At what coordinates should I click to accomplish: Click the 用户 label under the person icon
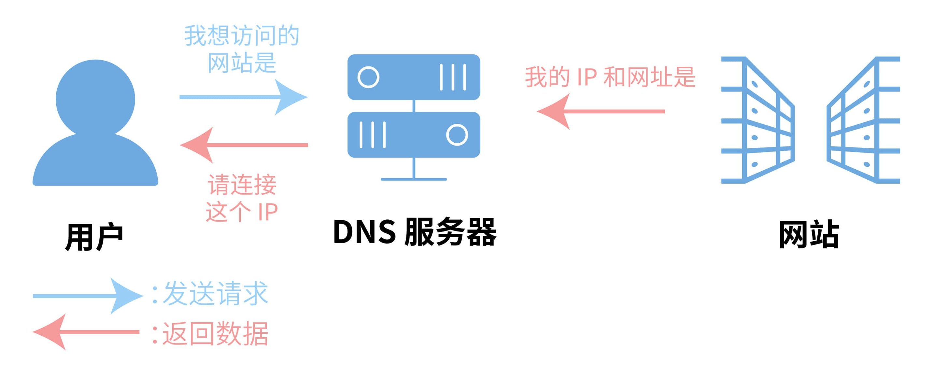[x=94, y=237]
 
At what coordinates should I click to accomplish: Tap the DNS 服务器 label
[x=415, y=232]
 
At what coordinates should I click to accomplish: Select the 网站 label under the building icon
[x=809, y=235]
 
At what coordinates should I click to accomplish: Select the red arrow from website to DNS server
[x=601, y=111]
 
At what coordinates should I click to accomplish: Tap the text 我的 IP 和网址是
[x=610, y=77]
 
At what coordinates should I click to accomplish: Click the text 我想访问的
[x=242, y=36]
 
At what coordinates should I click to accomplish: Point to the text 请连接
[x=242, y=185]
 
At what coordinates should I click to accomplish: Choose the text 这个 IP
[x=242, y=212]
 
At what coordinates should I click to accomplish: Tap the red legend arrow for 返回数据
[x=86, y=332]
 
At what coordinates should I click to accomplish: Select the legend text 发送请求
[x=215, y=294]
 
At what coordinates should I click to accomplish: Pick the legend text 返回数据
[x=215, y=333]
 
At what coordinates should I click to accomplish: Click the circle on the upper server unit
[x=368, y=77]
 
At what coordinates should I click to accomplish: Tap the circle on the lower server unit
[x=457, y=135]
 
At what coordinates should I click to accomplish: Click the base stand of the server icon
[x=414, y=179]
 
